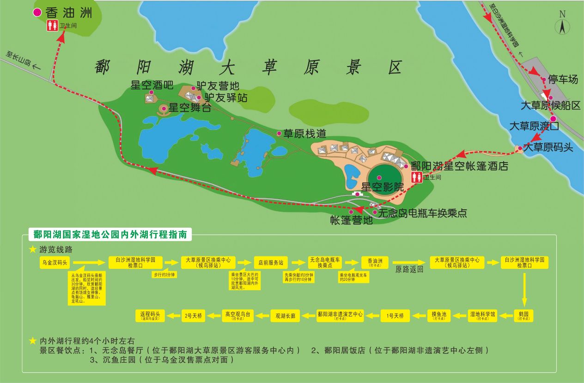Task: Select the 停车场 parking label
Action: coord(563,79)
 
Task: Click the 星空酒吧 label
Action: coord(152,85)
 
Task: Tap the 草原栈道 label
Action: coord(305,134)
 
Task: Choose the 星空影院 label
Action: coord(382,187)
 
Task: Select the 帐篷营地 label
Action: coord(351,220)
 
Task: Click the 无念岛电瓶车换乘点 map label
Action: coord(422,213)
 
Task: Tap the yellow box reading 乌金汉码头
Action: coord(55,262)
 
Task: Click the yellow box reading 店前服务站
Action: coord(271,262)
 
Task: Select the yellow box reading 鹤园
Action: coord(523,316)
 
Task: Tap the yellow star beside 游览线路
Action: coord(32,249)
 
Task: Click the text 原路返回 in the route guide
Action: coord(409,269)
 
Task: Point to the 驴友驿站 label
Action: coord(226,98)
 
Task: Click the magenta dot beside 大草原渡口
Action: coord(553,119)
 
